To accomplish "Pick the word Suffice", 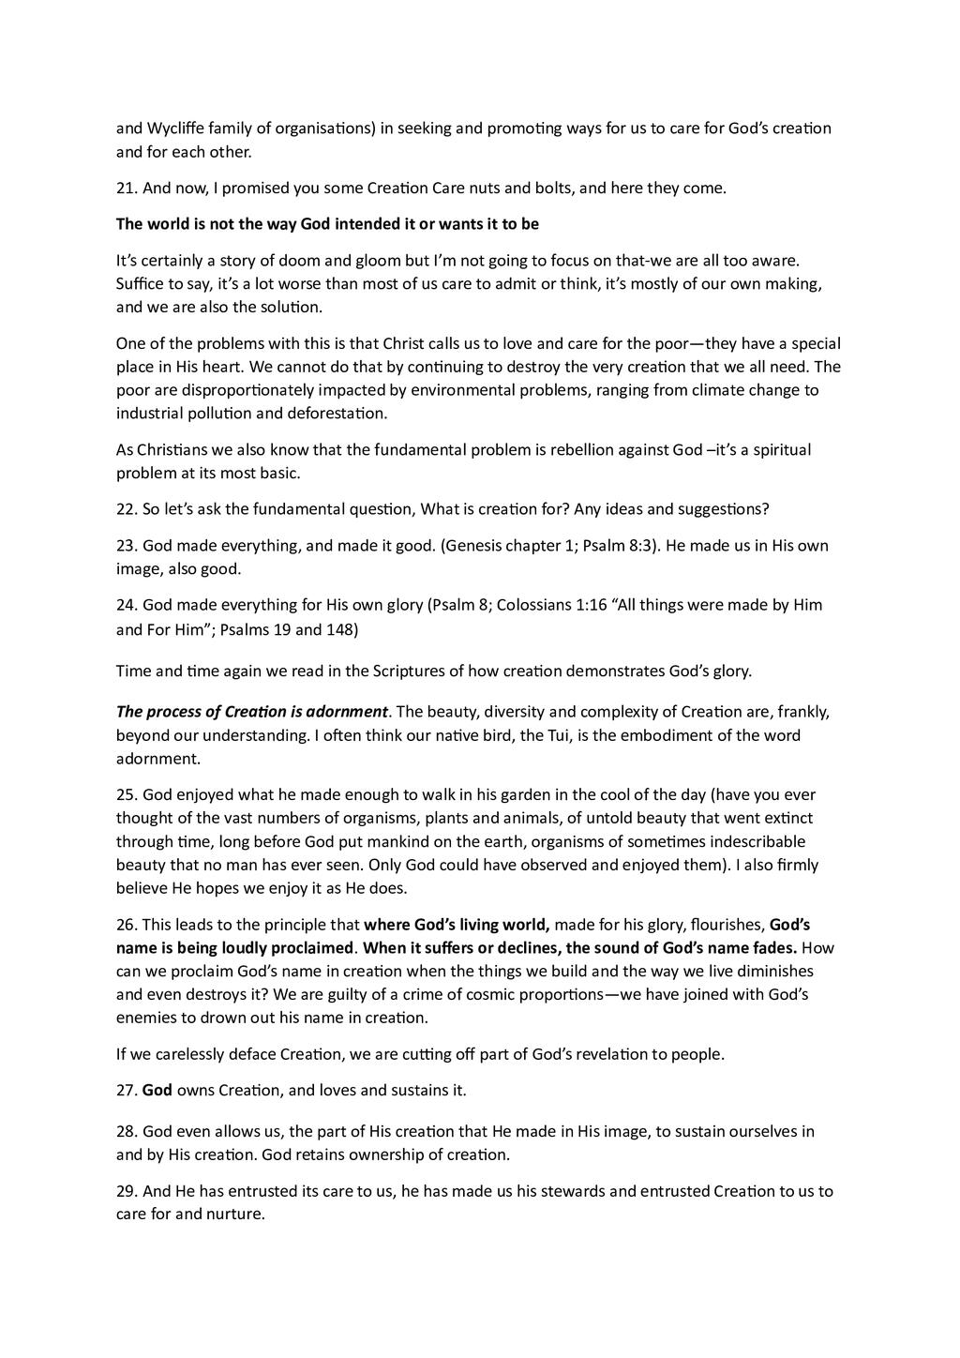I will coord(140,284).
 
